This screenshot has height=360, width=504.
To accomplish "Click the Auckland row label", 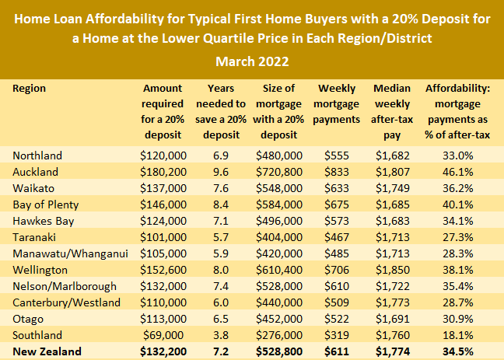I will coord(36,171).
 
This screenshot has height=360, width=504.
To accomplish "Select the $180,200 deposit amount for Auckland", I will coord(163,171).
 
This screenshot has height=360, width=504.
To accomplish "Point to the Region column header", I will coord(30,89).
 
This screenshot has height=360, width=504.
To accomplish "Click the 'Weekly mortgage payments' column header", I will coord(337,104).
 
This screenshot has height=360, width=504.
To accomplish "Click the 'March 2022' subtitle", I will coord(251,61).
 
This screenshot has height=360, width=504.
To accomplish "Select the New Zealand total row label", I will coord(47,352).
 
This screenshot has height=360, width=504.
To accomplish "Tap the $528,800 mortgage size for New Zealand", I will coord(282,352).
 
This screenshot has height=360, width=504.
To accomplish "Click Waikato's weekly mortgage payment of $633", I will coord(337,187).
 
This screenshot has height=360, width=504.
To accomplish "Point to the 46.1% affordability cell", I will coord(459,171).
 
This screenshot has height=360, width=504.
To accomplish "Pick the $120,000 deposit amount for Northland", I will coord(163,156).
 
